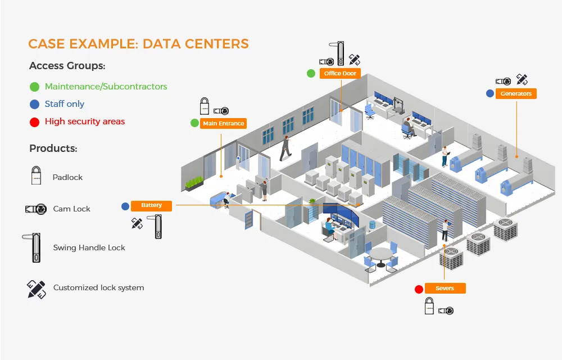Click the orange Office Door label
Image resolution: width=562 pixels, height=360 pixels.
341,74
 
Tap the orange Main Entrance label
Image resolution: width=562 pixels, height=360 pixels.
224,123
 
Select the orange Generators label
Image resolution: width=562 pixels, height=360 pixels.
516,94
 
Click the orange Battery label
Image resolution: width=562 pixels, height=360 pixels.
151,206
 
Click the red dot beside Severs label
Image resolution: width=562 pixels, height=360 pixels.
419,290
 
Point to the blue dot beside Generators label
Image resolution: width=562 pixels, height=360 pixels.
490,94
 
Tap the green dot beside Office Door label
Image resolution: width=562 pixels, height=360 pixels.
311,74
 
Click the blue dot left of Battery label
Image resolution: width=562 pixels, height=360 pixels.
125,206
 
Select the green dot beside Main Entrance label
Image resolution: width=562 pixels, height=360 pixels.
194,123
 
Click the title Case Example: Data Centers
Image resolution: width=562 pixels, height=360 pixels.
138,44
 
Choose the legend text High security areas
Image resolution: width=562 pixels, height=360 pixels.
85,121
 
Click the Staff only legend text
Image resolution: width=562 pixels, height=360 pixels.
65,104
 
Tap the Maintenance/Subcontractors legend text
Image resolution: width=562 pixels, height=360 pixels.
106,87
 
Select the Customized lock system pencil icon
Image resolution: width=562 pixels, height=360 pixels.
36,289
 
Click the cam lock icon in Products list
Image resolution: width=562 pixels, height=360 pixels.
35,209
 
